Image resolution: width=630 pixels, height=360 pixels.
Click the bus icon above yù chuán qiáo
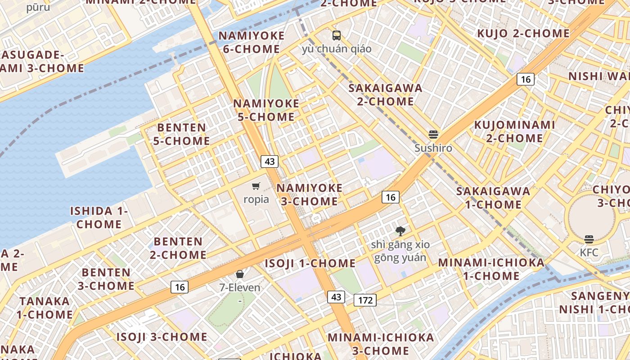pyautogui.click(x=337, y=36)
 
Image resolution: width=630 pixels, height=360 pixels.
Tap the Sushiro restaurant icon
pyautogui.click(x=433, y=135)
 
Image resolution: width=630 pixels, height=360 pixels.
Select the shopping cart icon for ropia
pyautogui.click(x=256, y=186)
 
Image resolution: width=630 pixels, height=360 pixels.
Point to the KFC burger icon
pyautogui.click(x=589, y=239)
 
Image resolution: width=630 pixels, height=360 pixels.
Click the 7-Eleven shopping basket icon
pyautogui.click(x=240, y=274)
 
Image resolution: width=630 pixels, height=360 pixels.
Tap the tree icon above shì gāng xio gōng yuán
pyautogui.click(x=400, y=231)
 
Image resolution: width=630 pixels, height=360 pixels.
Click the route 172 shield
pyautogui.click(x=364, y=300)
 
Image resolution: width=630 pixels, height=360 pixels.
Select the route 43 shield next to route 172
pyautogui.click(x=336, y=297)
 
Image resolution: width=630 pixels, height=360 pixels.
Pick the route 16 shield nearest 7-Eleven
pyautogui.click(x=180, y=287)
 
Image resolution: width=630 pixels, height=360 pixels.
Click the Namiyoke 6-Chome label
pyautogui.click(x=252, y=42)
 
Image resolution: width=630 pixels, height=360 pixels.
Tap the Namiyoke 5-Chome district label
pyautogui.click(x=266, y=110)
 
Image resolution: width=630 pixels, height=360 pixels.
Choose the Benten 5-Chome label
pyautogui.click(x=182, y=134)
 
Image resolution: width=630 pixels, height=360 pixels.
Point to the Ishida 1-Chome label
pyautogui.click(x=99, y=217)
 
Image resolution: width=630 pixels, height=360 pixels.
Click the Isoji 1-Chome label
pyautogui.click(x=310, y=263)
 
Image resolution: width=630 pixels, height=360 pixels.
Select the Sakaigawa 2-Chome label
pyautogui.click(x=386, y=94)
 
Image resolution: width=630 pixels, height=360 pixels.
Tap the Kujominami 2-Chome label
pyautogui.click(x=515, y=131)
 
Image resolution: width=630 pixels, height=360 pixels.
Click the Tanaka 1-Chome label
pyautogui.click(x=45, y=307)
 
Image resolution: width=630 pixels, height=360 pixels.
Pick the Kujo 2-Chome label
pyautogui.click(x=523, y=33)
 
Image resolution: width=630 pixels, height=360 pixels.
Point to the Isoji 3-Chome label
pyautogui.click(x=162, y=337)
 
